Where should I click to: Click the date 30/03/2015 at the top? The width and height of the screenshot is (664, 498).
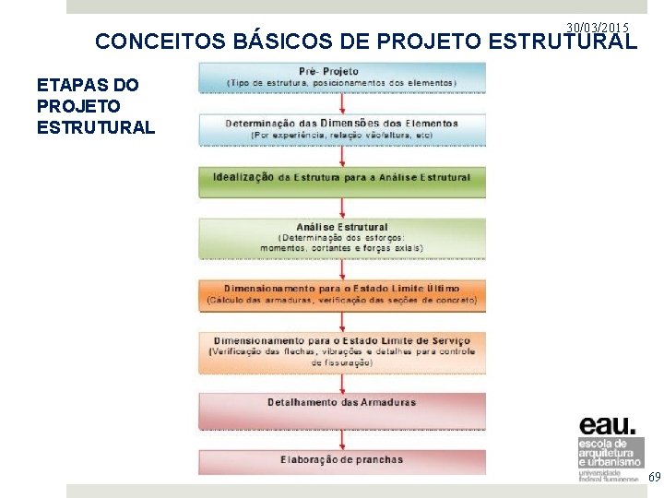pos(599,29)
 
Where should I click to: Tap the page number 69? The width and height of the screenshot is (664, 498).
pos(654,477)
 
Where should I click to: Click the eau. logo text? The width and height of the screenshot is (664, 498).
pos(607,425)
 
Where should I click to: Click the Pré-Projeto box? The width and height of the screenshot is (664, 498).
pos(342,77)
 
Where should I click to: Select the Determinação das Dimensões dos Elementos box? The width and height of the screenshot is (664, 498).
pos(342,128)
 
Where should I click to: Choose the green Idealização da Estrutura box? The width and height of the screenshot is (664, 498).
pos(342,178)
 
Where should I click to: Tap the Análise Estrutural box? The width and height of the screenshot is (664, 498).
pos(342,236)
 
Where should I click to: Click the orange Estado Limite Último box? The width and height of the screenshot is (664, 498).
pos(342,294)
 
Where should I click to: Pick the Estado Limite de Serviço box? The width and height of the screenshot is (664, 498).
pos(342,350)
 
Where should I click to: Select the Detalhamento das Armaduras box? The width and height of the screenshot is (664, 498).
pos(342,404)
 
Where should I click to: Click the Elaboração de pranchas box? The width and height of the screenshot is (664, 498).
pos(342,458)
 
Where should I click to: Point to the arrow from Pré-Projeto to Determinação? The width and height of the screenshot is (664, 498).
pos(342,101)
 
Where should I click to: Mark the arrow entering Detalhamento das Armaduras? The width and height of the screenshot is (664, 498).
pos(342,382)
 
